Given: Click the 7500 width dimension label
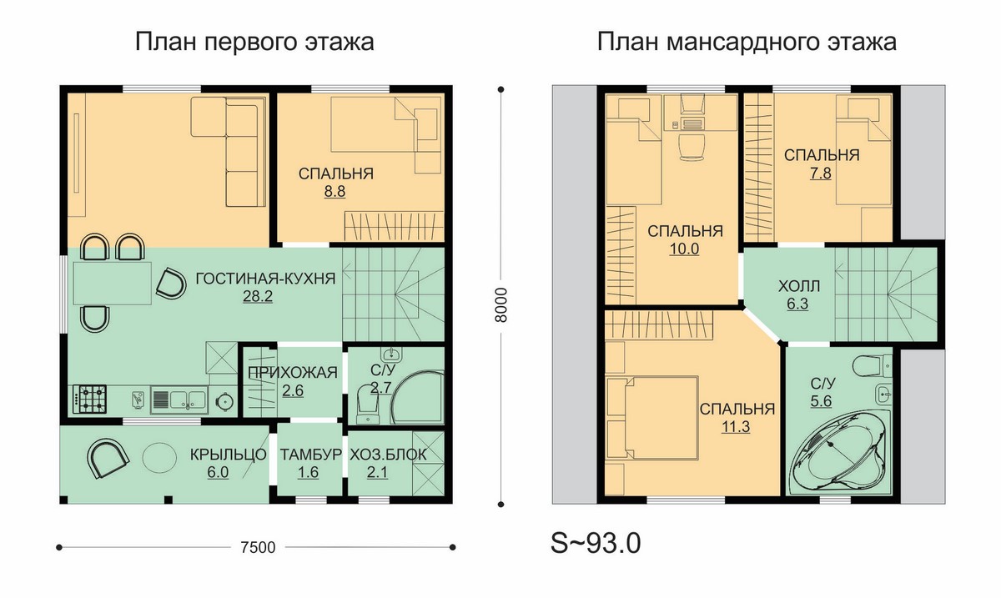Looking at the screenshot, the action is (x=258, y=547).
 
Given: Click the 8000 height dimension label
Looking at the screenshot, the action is (x=501, y=304).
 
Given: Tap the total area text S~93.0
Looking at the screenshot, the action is (x=596, y=543).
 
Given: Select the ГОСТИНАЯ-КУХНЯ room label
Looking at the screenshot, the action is (x=265, y=279).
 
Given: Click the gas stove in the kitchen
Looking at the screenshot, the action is (x=90, y=399).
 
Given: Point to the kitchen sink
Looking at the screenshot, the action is (x=179, y=400).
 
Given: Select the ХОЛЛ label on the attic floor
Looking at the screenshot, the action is (x=799, y=286).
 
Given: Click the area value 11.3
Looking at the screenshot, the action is (x=736, y=427).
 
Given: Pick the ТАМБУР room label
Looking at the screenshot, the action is (x=310, y=455).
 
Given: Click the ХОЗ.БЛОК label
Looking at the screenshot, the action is (x=388, y=455).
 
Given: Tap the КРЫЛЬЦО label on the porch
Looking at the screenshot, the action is (x=228, y=455).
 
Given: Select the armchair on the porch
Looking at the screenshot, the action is (x=108, y=459).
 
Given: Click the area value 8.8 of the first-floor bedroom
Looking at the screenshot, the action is (x=335, y=192).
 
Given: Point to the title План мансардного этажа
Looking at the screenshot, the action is (x=747, y=43).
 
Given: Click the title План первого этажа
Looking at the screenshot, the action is (x=254, y=43).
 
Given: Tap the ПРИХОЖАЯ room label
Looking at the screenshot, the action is (x=293, y=372).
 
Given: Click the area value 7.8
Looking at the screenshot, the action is (x=821, y=173).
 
